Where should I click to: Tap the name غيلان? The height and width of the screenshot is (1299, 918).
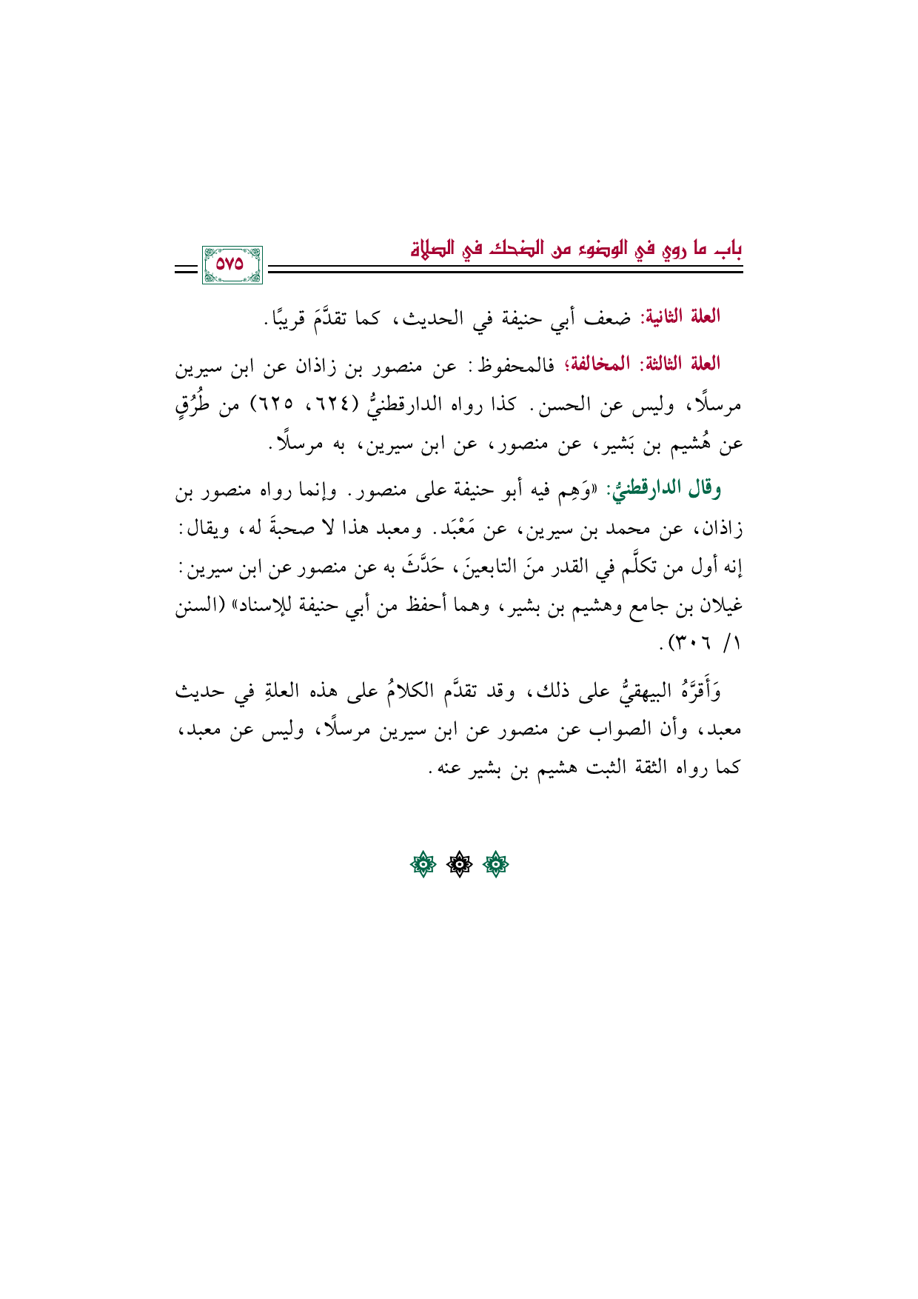[719, 607]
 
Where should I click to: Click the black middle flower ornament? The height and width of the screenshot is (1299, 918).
[459, 864]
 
